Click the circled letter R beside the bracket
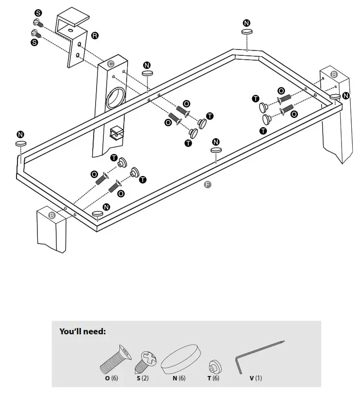coord(95,36)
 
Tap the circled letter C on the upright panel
coord(111,64)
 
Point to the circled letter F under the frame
coord(208,184)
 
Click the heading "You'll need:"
coord(82,332)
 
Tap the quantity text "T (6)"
coord(212,378)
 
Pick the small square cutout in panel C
coord(115,132)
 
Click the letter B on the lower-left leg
coord(52,215)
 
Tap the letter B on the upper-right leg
coord(334,74)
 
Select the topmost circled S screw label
coord(38,13)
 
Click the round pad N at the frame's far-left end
coord(21,144)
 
